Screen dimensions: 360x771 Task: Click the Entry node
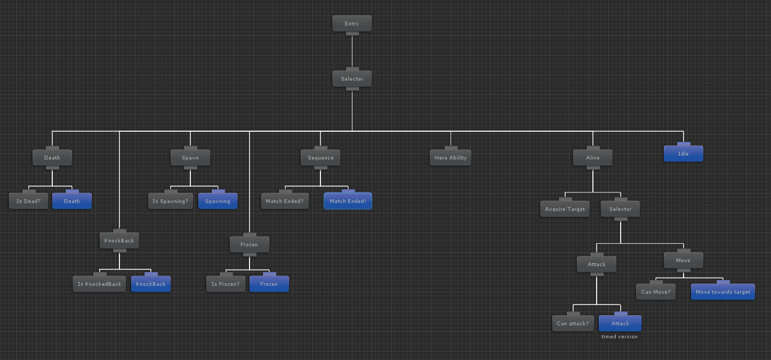click(x=352, y=23)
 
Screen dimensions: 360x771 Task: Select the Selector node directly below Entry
click(x=352, y=79)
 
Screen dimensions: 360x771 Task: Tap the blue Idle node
click(x=683, y=154)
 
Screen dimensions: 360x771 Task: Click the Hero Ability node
click(x=451, y=157)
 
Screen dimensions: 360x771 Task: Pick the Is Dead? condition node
click(x=29, y=201)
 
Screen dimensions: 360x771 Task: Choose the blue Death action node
click(x=72, y=201)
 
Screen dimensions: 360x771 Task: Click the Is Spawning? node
click(x=170, y=201)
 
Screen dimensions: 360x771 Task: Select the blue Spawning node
click(x=218, y=201)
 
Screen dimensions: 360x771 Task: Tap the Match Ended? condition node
click(x=285, y=201)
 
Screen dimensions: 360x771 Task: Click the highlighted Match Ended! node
click(x=348, y=201)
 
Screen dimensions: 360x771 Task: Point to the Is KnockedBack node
click(x=99, y=284)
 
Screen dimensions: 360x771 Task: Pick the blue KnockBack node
click(x=151, y=284)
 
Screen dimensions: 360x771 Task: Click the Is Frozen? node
click(x=225, y=284)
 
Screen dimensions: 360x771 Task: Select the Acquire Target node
click(x=565, y=209)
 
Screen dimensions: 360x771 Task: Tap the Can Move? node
click(x=655, y=292)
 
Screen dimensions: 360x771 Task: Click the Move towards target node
click(x=722, y=292)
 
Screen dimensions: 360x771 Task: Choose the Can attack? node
click(x=573, y=323)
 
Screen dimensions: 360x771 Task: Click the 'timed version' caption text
click(x=619, y=337)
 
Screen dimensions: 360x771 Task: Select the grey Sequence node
click(x=320, y=157)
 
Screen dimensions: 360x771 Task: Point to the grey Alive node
click(x=592, y=157)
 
